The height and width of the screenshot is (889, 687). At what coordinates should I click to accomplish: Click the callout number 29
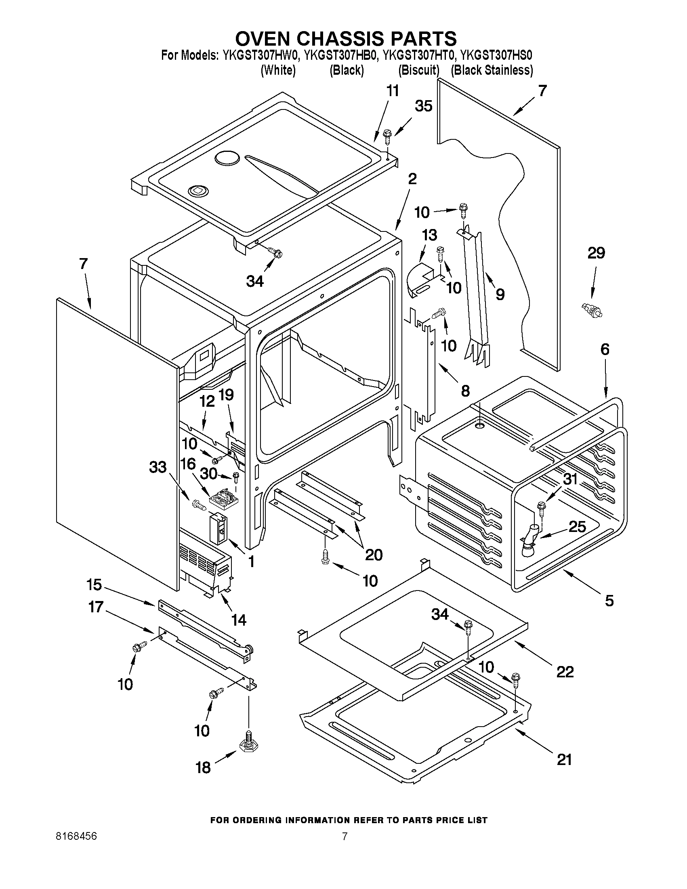[x=596, y=253]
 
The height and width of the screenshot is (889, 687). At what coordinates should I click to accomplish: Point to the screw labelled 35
[x=387, y=136]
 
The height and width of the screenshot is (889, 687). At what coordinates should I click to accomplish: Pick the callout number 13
[x=429, y=235]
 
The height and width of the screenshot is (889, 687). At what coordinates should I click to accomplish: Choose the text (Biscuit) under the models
[x=419, y=70]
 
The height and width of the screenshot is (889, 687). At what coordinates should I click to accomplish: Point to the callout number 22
[x=565, y=671]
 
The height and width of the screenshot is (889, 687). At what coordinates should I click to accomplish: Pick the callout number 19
[x=226, y=395]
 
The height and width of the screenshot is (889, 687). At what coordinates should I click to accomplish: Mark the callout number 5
[x=609, y=600]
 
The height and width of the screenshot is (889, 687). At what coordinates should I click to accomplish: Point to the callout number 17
[x=96, y=607]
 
